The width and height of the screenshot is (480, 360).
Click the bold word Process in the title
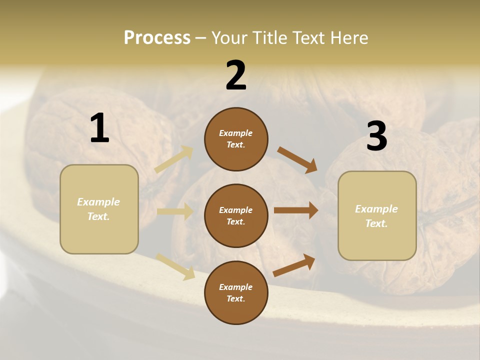pos(157,38)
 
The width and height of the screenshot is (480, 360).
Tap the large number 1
pos(99,128)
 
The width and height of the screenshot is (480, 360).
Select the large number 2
pos(236,75)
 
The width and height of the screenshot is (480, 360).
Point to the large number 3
pos(376,136)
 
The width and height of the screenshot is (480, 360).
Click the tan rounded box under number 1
pos(99,209)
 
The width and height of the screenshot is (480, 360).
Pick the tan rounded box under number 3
pos(377,216)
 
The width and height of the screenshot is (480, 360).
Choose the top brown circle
pos(236,139)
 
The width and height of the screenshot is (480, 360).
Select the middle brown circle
pos(236,215)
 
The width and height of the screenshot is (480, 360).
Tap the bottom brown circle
pos(236,292)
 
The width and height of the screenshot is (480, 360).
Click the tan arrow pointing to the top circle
pos(174,159)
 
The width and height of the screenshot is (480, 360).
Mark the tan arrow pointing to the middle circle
pos(175,211)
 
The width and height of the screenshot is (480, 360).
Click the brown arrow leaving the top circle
pos(297,160)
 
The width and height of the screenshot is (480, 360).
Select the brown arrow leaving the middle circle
pos(296,210)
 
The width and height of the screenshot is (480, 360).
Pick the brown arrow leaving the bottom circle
pos(294,265)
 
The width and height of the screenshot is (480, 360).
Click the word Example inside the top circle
pos(236,133)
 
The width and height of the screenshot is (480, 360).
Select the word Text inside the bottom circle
pos(236,298)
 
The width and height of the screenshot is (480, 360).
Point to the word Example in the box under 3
pos(376,209)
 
